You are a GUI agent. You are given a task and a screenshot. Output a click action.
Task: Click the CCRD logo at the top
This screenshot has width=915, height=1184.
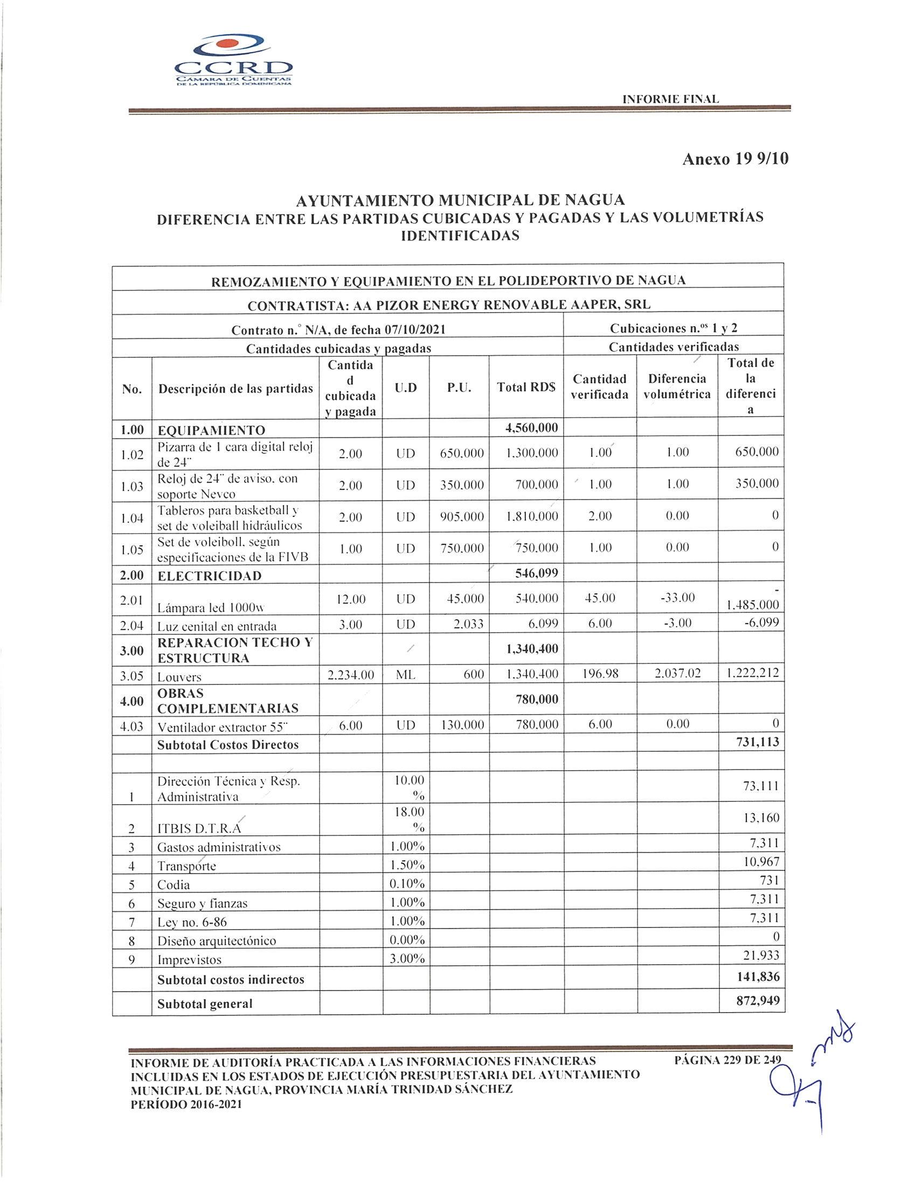[x=234, y=61]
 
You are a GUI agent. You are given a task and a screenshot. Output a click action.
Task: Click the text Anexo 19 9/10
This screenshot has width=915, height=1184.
[x=735, y=159]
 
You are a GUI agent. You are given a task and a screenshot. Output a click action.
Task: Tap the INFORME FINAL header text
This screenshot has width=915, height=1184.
[x=670, y=99]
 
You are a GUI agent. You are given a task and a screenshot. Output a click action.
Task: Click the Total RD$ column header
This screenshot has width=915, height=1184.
[x=526, y=387]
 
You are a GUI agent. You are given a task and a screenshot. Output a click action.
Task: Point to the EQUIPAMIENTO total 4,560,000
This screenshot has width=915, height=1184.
[x=531, y=428]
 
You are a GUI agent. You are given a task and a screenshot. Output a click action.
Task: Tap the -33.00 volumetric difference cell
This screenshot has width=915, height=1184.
[x=676, y=598]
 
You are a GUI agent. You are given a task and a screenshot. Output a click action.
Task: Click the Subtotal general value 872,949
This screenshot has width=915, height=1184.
[x=758, y=1001]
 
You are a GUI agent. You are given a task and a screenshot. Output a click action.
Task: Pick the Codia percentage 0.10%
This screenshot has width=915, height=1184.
[x=406, y=884]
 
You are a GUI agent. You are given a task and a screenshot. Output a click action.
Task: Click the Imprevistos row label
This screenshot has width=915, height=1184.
[x=189, y=960]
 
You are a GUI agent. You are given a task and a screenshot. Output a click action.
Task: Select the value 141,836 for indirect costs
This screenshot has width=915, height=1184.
[x=758, y=977]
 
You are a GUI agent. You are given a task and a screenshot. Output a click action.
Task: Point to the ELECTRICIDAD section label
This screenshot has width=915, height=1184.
[x=209, y=576]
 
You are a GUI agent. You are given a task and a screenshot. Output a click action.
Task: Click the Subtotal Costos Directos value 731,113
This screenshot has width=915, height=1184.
[x=758, y=742]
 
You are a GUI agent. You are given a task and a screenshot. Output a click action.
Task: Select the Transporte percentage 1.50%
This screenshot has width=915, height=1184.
[x=406, y=866]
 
